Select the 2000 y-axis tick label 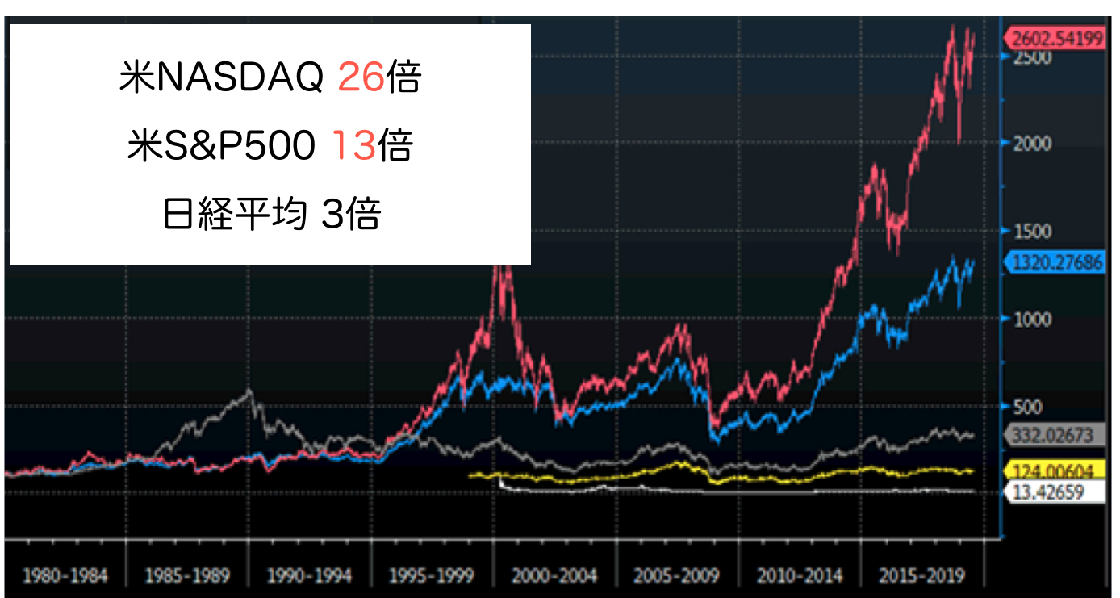point(1032,144)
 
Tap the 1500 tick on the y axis point(1032,232)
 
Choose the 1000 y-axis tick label point(1032,320)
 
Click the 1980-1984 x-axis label point(65,576)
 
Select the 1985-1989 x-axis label point(187,576)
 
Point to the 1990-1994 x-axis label point(310,576)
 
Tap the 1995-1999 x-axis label point(433,576)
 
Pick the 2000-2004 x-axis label point(555,576)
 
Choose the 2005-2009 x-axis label point(677,576)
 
